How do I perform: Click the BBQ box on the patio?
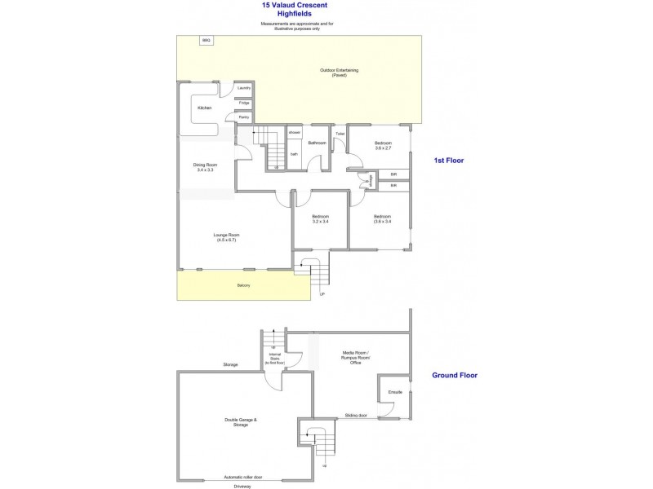point(207,40)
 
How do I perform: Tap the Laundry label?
point(244,88)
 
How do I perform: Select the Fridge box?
point(244,103)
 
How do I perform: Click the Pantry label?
point(243,117)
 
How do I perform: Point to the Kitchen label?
point(204,108)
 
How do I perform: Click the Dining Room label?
point(205,167)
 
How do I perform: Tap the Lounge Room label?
point(228,237)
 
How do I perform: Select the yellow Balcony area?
point(243,285)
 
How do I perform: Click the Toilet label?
point(340,133)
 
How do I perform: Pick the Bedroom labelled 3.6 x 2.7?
point(383,146)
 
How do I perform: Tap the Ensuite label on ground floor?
point(395,393)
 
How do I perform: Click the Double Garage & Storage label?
point(241,422)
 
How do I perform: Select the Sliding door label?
point(356,415)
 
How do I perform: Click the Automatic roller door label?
point(243,477)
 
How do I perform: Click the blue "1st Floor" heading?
point(448,161)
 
